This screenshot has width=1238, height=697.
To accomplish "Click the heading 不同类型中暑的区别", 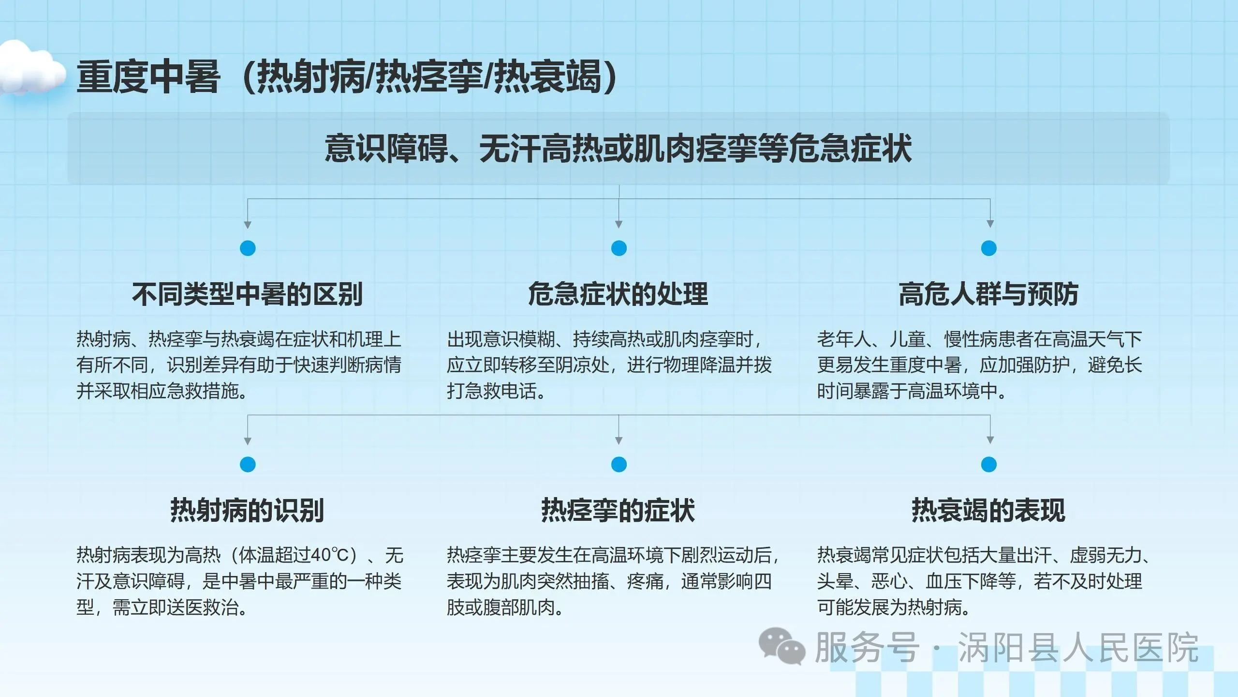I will point(247,294).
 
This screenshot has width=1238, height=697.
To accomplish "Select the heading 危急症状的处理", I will point(618,294).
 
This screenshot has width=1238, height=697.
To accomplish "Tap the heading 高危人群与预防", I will point(988,294).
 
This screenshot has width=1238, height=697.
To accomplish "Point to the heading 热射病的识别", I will point(247,510).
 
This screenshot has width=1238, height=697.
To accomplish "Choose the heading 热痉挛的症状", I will point(618,510).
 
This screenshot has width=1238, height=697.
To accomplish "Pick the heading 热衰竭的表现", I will point(988,510).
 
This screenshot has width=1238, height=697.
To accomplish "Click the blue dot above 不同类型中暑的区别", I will point(248,248).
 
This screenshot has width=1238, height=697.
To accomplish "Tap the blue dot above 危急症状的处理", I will point(619,248).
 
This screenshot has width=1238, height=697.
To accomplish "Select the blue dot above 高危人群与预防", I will point(989,248).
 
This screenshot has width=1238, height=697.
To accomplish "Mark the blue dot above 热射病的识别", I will point(248,465).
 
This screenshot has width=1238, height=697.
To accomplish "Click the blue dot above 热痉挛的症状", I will point(619,465).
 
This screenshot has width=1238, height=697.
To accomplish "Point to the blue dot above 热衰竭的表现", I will point(989,465).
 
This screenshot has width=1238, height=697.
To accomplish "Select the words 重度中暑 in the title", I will point(148,76).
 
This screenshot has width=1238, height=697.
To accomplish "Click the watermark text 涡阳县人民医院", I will point(1078,648).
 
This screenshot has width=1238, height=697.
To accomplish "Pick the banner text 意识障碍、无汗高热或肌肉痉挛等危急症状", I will point(618,148).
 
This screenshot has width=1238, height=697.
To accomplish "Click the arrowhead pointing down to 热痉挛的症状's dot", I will point(619,440).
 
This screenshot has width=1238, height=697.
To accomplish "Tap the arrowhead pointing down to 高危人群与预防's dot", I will point(990,224).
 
